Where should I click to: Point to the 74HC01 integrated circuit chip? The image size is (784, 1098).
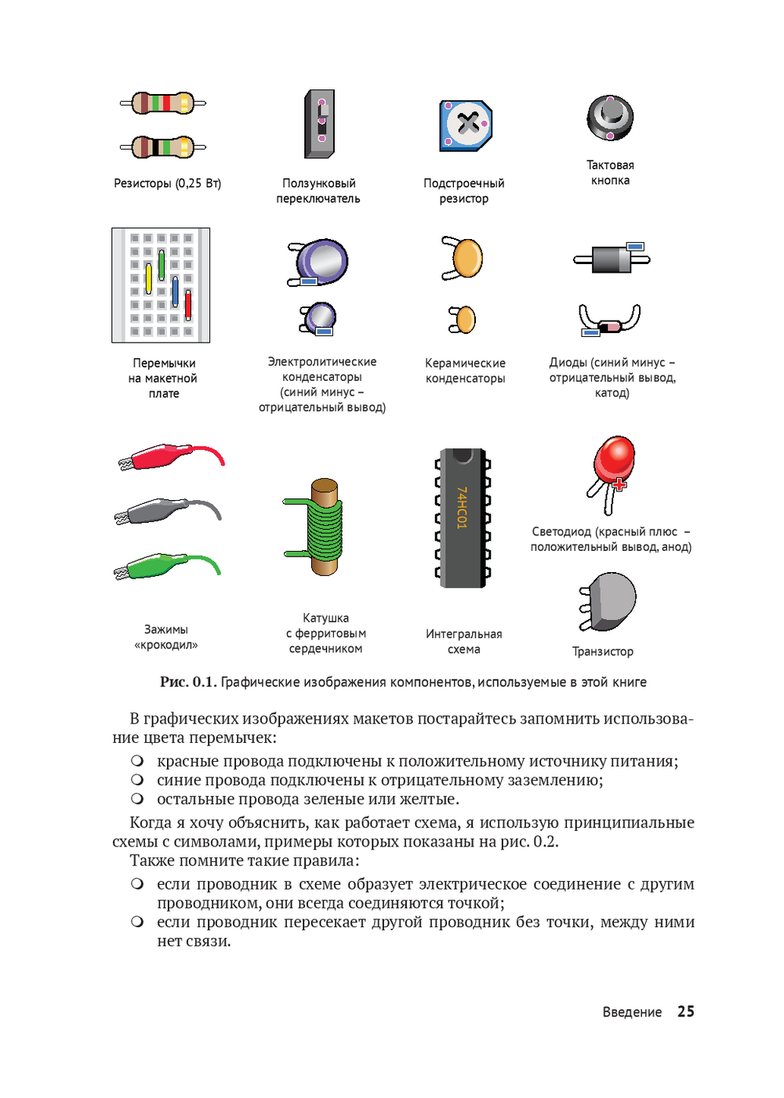click(463, 517)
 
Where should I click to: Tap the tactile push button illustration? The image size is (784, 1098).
click(610, 118)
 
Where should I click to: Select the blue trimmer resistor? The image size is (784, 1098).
click(466, 125)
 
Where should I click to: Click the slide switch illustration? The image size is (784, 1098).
click(320, 124)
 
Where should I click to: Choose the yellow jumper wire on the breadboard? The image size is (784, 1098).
click(148, 278)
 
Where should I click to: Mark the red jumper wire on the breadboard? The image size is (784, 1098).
click(188, 305)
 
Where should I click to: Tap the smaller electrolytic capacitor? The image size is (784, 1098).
click(321, 317)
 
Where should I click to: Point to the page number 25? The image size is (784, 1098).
click(686, 1012)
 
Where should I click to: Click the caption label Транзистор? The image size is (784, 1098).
click(602, 651)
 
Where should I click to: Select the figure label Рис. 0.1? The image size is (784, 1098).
click(187, 682)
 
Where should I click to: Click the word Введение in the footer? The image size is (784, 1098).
click(632, 1013)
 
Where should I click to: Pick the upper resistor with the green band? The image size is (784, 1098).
click(163, 103)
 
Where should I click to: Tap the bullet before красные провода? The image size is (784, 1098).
click(137, 761)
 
